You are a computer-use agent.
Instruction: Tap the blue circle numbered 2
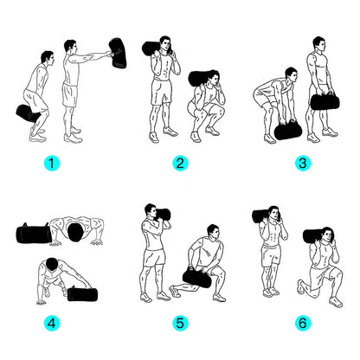click(x=180, y=162)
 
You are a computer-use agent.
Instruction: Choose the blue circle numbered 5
click(x=180, y=324)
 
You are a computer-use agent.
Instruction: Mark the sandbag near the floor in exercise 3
click(x=286, y=131)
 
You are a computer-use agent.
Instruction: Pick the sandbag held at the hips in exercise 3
click(x=325, y=101)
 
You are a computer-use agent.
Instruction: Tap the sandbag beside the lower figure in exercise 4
click(x=82, y=292)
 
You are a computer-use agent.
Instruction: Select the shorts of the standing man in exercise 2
click(x=162, y=92)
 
